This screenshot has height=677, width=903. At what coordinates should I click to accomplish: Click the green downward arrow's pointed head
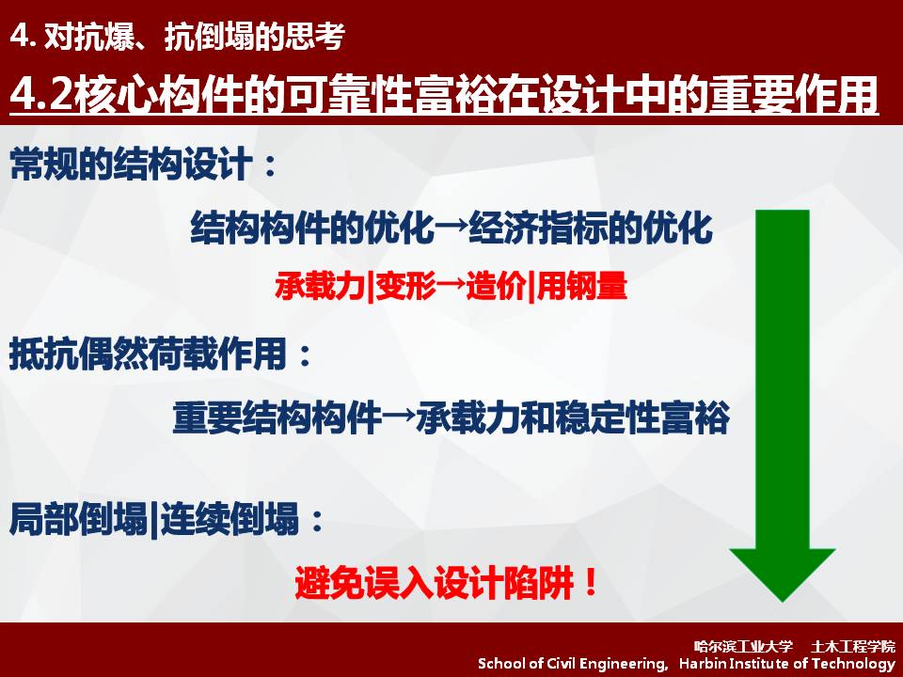[x=782, y=599]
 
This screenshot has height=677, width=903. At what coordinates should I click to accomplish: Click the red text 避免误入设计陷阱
[x=435, y=583]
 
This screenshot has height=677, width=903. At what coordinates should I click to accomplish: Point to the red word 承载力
[x=320, y=286]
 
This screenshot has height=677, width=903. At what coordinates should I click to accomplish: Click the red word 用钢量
[x=581, y=286]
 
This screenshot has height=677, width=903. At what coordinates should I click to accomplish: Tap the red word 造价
[x=496, y=286]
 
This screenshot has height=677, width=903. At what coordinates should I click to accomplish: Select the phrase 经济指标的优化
[x=591, y=228]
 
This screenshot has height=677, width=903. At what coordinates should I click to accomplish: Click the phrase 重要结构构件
[x=277, y=417]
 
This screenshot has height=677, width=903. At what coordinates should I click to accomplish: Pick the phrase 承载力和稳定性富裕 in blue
[x=573, y=417]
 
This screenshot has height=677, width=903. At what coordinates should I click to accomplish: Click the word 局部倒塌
[x=78, y=519]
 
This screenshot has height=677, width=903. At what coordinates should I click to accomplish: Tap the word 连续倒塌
[x=230, y=519]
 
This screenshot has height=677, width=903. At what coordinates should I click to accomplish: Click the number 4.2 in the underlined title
[x=41, y=94]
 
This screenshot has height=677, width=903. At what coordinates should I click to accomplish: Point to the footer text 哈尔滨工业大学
[x=743, y=647]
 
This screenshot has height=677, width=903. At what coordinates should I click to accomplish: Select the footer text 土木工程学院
[x=853, y=647]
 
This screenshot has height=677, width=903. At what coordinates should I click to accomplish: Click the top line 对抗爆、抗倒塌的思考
[x=194, y=37]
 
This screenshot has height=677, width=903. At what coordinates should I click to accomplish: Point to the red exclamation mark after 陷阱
[x=591, y=583]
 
